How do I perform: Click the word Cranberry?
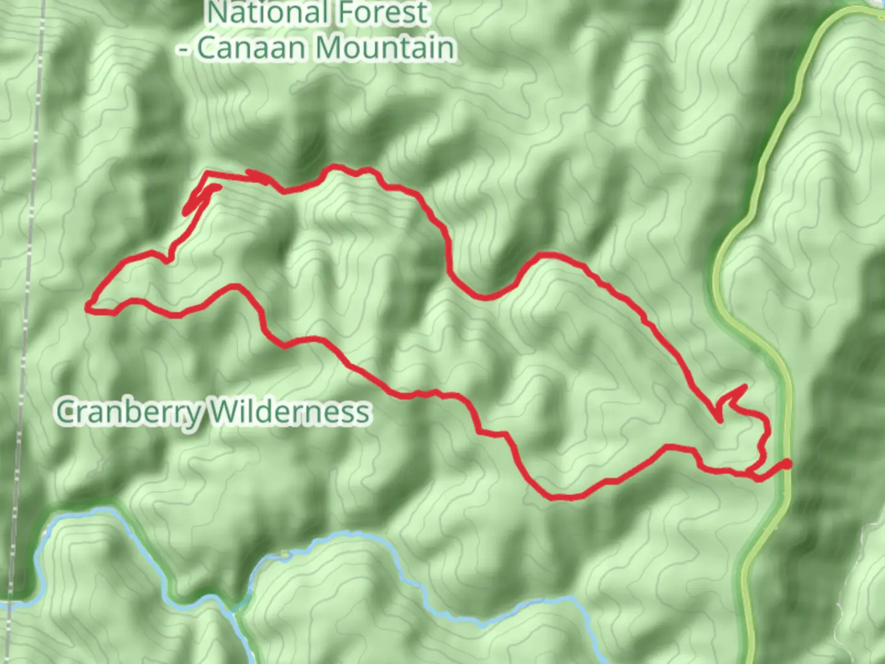[x=129, y=412]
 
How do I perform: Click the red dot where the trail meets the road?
[x=786, y=464]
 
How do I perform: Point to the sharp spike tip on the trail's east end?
[x=745, y=387]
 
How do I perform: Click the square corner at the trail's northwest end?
[x=206, y=173]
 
